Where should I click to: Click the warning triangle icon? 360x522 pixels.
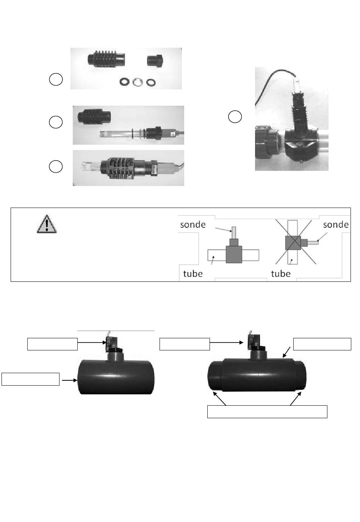47,224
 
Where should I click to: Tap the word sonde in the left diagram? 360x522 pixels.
193,225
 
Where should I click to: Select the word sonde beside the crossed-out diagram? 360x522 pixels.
336,225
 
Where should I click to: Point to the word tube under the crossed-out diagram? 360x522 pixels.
281,274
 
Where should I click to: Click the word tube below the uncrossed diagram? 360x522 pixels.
193,274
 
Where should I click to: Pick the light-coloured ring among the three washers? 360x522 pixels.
138,82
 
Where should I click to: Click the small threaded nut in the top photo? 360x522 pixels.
155,61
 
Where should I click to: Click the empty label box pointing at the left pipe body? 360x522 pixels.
31,379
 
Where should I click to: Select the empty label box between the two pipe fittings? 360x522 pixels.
185,344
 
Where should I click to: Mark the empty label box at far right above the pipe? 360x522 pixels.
322,344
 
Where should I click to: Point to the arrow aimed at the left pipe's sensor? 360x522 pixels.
92,342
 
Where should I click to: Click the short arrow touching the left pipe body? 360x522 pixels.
69,380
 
